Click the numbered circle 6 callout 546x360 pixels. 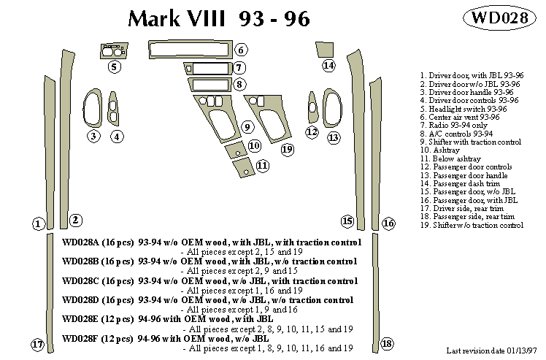click(x=241, y=50)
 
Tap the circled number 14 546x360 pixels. click(x=329, y=66)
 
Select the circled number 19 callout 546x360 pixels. click(x=287, y=150)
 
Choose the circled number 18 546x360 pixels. click(x=387, y=344)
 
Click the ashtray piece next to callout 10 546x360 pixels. click(x=236, y=150)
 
